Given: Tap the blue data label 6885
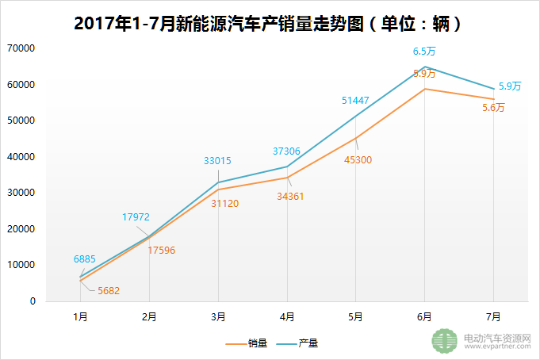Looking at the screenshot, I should click(x=85, y=259).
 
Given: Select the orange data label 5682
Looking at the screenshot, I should click(x=109, y=290).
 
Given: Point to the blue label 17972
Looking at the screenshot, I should click(x=136, y=216).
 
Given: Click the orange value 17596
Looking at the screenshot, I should click(x=161, y=250).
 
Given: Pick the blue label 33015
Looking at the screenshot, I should click(x=217, y=160).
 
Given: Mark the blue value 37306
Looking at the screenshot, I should click(x=286, y=150).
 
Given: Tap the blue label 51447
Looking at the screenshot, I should click(x=355, y=100).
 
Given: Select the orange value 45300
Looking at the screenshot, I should click(x=356, y=159).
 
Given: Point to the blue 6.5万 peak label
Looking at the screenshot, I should click(x=424, y=52).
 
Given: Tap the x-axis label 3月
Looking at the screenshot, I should click(x=218, y=316).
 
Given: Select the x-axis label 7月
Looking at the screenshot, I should click(x=493, y=316).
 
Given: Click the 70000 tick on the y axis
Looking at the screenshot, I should click(x=21, y=48).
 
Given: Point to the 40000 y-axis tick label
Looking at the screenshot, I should click(x=21, y=157).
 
